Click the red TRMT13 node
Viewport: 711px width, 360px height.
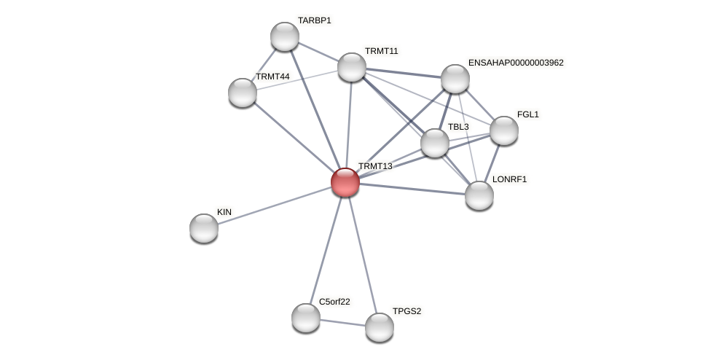coord(345,181)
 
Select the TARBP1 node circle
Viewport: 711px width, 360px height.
coord(285,36)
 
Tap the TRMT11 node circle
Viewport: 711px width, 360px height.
coord(352,67)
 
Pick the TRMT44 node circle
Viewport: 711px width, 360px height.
coord(243,93)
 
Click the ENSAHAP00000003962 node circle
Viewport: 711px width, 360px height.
coord(455,79)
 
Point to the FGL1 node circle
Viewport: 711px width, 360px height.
coord(504,130)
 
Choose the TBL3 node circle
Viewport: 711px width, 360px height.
coord(435,143)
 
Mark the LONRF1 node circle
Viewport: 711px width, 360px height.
coord(479,195)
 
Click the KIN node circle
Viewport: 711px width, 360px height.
coord(204,228)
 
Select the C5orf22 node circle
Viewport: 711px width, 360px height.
coord(306,318)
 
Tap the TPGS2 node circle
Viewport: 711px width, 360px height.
coord(380,327)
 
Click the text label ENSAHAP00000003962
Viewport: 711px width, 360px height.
coord(516,63)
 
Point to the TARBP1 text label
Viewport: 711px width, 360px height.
coord(314,20)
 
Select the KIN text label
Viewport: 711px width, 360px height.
coord(224,212)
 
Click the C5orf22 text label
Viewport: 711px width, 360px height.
coord(334,302)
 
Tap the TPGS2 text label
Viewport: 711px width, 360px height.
coord(406,311)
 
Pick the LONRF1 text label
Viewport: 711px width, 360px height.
coord(509,179)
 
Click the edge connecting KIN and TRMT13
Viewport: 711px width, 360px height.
coord(275,205)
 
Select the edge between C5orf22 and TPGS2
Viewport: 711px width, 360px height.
coord(342,322)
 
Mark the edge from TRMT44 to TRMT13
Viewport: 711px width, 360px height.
coord(294,137)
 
